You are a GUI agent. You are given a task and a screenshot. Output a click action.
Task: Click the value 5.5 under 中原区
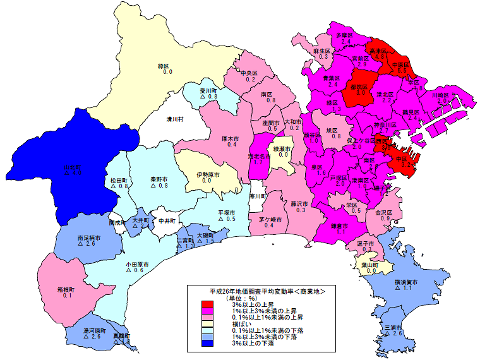click(402, 71)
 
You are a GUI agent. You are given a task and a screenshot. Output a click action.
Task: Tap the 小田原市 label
click(136, 263)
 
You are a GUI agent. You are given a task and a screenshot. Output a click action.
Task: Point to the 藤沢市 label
click(299, 203)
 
